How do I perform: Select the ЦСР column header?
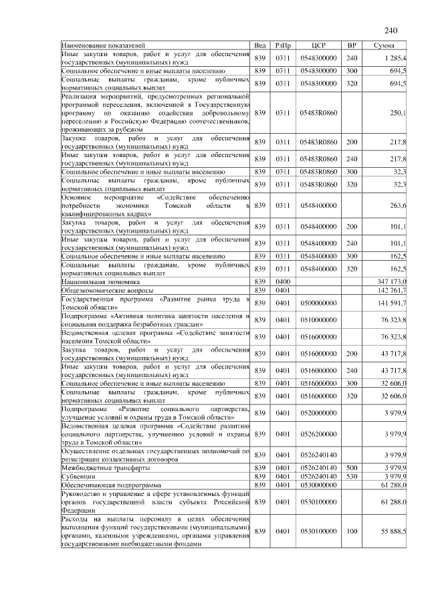point(318,45)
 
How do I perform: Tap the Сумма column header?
point(385,45)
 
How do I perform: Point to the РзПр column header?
point(282,45)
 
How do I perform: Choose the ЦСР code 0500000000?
point(318,303)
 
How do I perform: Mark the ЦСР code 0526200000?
point(318,435)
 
